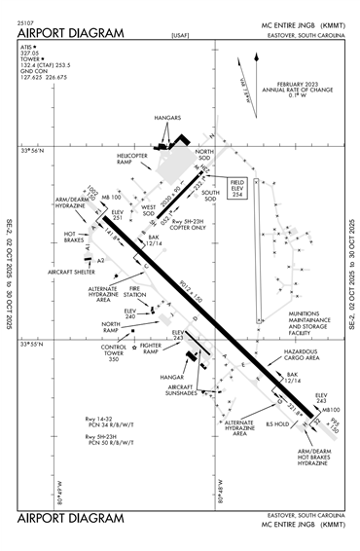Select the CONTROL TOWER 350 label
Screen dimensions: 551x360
pyautogui.click(x=115, y=352)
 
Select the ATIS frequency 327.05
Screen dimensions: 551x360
pyautogui.click(x=32, y=54)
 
